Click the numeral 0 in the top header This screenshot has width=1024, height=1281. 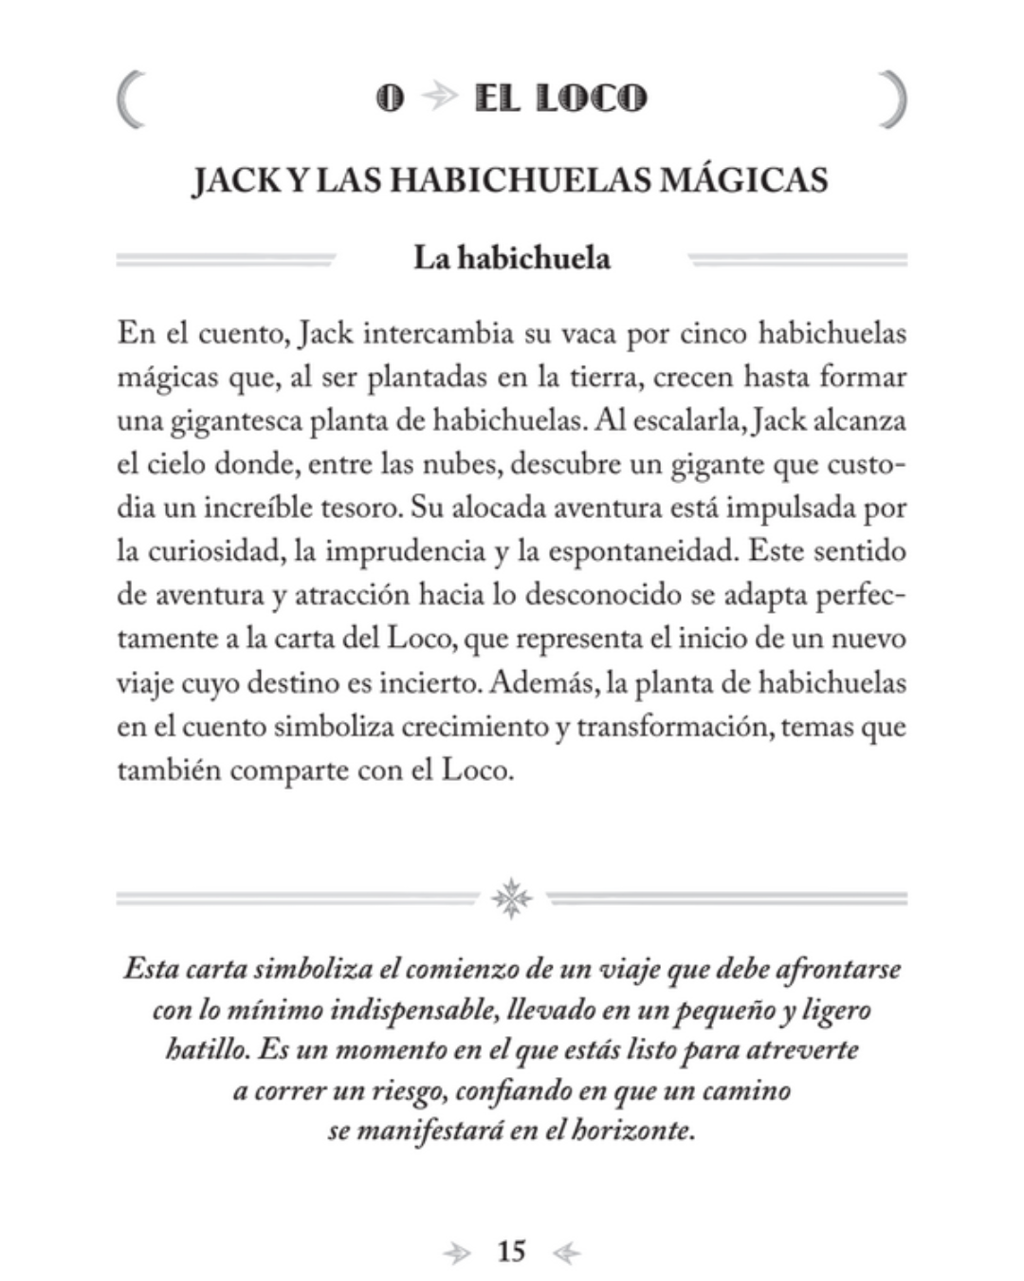click(x=390, y=98)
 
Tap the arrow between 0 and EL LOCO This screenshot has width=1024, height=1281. click(x=439, y=98)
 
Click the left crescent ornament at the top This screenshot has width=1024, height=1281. click(x=131, y=99)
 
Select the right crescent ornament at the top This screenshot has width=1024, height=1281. click(x=893, y=99)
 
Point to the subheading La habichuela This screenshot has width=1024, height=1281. click(x=511, y=258)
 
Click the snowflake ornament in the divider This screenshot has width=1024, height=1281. click(x=512, y=898)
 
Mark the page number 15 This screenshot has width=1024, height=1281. click(x=511, y=1252)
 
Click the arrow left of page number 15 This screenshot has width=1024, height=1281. click(x=457, y=1253)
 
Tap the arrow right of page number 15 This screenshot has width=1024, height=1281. click(x=566, y=1253)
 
